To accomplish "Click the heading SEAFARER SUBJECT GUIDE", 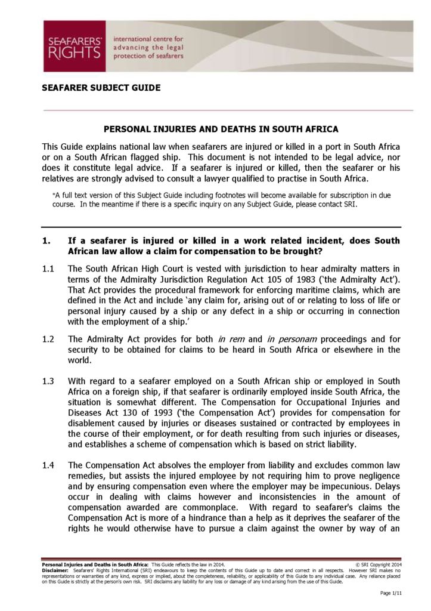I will pos(101,88).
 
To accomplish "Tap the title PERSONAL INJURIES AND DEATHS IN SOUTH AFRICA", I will pos(221,129).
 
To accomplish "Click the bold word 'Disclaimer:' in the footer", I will pos(55,570).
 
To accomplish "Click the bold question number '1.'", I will pos(45,240).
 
